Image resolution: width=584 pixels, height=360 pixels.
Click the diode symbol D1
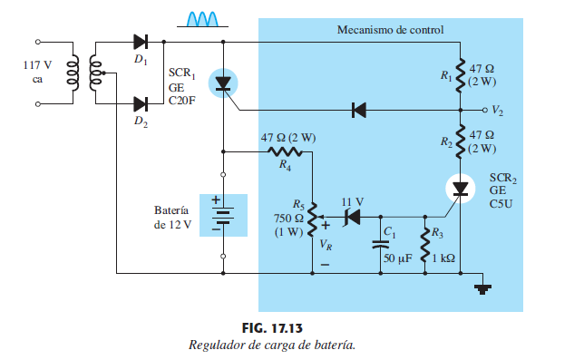click(x=141, y=41)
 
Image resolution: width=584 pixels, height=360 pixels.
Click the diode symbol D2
click(x=141, y=104)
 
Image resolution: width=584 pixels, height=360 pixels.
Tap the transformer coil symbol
click(x=87, y=72)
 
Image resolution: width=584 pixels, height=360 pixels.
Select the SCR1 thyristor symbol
click(x=223, y=84)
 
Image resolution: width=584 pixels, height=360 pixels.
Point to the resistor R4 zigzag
click(x=287, y=152)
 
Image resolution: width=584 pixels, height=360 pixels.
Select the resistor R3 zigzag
click(x=424, y=243)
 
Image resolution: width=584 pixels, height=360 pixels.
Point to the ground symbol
click(x=484, y=288)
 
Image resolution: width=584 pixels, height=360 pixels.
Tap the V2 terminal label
click(x=498, y=111)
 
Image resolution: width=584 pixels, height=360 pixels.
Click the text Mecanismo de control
click(x=390, y=30)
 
